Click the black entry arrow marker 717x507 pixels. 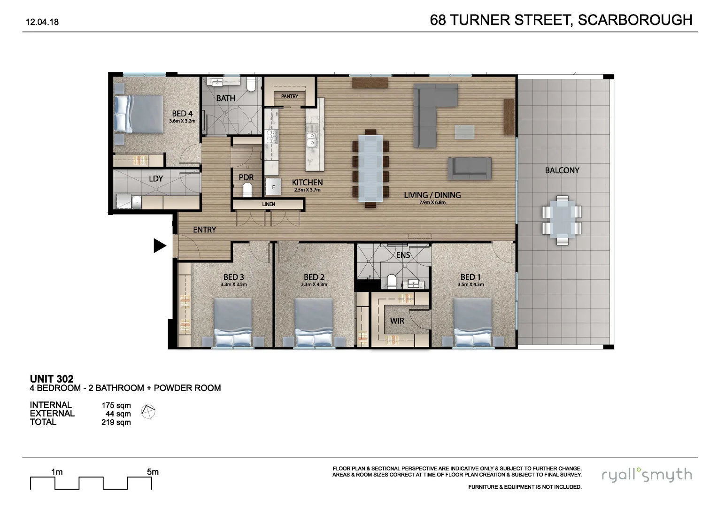(x=160, y=246)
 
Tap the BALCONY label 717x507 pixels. (x=562, y=170)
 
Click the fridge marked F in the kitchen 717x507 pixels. (x=273, y=187)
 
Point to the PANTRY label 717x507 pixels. (x=290, y=96)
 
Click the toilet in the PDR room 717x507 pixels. (x=247, y=190)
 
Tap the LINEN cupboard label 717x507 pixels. (x=269, y=204)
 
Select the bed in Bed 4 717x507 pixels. (x=138, y=114)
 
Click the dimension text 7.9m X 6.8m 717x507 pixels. (x=432, y=203)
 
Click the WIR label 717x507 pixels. (x=397, y=321)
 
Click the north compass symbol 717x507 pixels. (x=148, y=412)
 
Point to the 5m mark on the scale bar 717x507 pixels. (x=153, y=472)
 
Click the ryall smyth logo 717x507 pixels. (x=647, y=475)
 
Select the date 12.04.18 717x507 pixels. (x=42, y=22)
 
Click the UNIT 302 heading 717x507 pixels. (x=52, y=379)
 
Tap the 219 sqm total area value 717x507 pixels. (x=116, y=422)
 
